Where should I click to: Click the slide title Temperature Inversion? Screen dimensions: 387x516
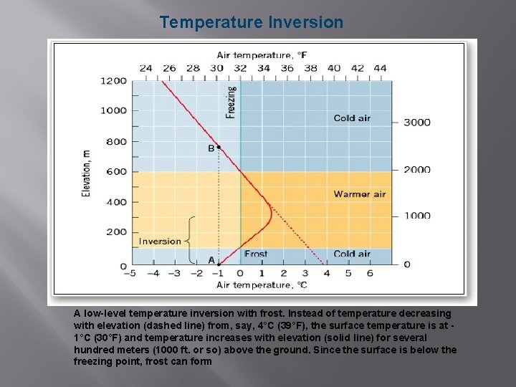tap(252, 22)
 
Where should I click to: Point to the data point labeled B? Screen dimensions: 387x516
tap(219, 147)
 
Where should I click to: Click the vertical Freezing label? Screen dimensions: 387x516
tap(231, 103)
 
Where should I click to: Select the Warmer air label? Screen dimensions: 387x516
tap(359, 194)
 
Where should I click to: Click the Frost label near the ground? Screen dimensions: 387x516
tap(256, 254)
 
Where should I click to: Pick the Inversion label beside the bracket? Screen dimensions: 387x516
tap(160, 241)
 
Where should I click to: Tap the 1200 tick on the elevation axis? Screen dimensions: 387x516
tap(114, 81)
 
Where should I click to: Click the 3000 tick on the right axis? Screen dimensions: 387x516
tap(417, 122)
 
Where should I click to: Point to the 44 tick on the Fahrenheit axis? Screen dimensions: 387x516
tap(380, 68)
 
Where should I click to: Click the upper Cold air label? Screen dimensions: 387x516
tap(352, 118)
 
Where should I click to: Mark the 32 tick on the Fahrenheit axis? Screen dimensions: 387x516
tap(240, 68)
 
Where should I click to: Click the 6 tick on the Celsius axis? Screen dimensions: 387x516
tap(370, 273)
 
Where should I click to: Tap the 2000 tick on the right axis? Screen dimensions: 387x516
tap(417, 170)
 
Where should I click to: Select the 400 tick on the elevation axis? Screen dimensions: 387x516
tap(117, 202)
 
